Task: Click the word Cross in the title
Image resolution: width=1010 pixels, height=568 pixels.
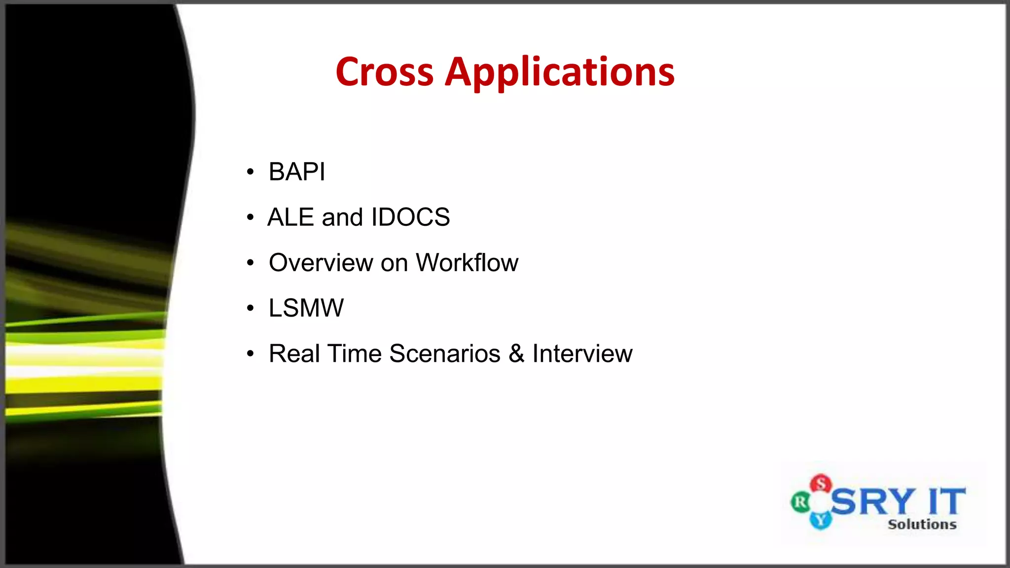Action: pos(384,72)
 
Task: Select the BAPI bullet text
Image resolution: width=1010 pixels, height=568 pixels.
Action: pos(296,172)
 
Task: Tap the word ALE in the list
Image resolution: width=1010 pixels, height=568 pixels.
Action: pos(290,217)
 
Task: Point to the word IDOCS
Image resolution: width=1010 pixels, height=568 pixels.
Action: pos(410,217)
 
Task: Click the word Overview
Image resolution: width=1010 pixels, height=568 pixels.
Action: pos(321,263)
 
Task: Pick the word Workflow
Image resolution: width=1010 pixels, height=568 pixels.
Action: pos(467,263)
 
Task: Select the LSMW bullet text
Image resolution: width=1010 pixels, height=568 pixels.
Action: pos(306,308)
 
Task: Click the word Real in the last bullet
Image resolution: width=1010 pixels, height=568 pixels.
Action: pos(294,354)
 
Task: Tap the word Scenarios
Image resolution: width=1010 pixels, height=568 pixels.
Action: pos(444,354)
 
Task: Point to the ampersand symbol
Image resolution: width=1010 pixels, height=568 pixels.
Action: pos(516,354)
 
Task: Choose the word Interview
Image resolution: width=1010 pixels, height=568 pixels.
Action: pos(582,354)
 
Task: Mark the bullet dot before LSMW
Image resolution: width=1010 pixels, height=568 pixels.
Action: pos(251,309)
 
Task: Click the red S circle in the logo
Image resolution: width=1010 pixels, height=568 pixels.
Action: pos(821,484)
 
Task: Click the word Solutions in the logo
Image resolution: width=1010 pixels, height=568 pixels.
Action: pos(922,524)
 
